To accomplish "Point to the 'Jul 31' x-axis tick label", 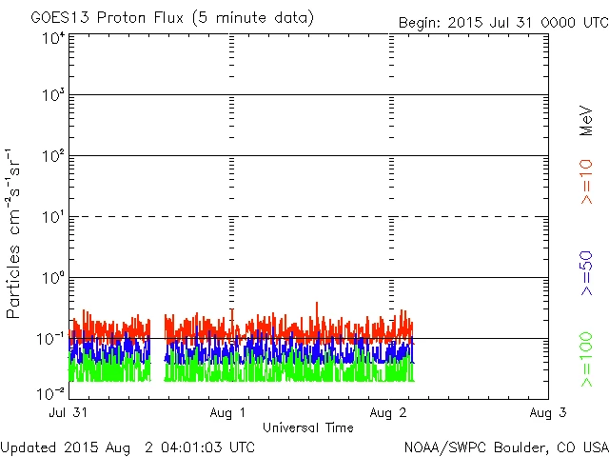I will point(70,413).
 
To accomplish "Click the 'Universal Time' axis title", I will point(308,427).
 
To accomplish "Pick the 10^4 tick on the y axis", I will point(53,38).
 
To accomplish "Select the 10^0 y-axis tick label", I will point(53,282).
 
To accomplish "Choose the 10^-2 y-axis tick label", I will point(51,393).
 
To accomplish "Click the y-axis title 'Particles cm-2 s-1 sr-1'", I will point(15,232).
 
